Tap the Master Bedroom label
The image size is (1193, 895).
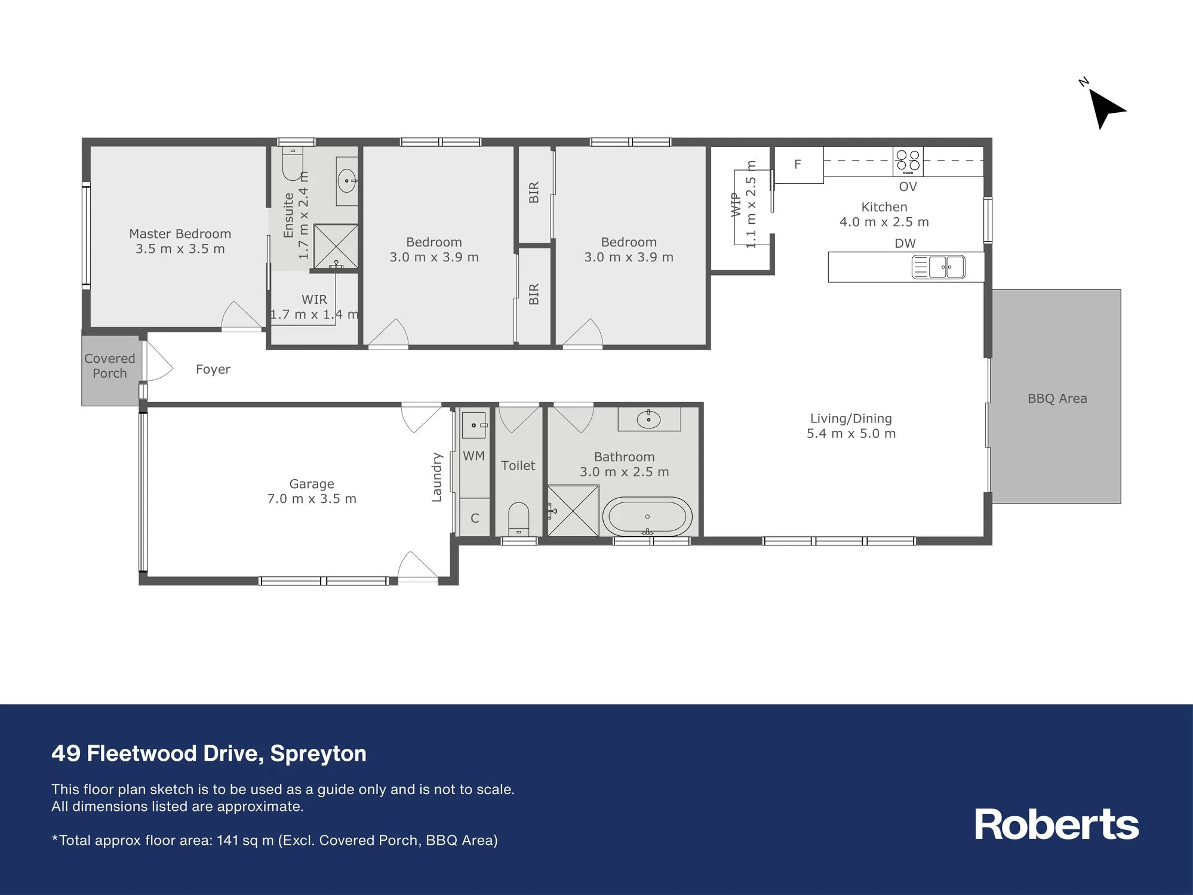coord(180,234)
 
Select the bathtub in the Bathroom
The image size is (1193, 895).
coord(647,516)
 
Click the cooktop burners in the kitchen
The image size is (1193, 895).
coord(908,161)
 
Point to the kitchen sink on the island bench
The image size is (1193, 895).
coord(938,267)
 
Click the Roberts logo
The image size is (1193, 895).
coord(1056,825)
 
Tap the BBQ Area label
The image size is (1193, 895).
coord(1057,399)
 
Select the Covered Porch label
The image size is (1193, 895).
coord(110,366)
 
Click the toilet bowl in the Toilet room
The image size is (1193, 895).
coord(518,519)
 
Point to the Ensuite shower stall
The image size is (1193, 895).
coord(336,246)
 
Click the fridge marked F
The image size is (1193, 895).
coord(799,165)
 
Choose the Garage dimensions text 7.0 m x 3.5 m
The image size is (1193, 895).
coord(312,499)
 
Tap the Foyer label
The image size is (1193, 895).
coord(213,369)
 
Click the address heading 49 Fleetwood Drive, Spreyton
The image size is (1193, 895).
coord(209,754)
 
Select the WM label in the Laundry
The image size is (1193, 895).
coord(473,456)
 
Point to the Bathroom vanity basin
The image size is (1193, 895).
coord(648,419)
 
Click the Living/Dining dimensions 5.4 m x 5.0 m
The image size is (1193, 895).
coord(851,434)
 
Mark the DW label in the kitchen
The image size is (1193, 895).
coord(905,243)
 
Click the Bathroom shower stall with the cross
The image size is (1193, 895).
coord(573,511)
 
